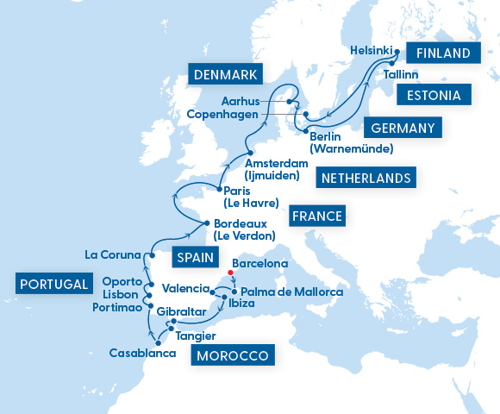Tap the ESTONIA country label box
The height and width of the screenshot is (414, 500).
pos(440,95)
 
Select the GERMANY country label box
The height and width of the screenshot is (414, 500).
pos(403,128)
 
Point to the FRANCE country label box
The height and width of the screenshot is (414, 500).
pos(316,216)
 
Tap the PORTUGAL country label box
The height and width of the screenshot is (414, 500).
pos(53,284)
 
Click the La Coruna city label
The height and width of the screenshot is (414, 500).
pos(114,254)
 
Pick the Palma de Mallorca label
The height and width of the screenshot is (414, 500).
pos(291,292)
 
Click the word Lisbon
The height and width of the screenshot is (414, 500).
pos(120,294)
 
